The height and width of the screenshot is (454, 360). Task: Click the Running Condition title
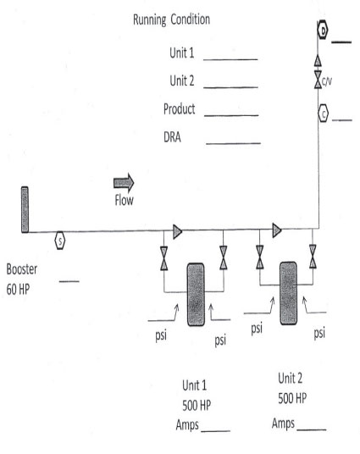171,19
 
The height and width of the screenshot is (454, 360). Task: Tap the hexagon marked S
60,241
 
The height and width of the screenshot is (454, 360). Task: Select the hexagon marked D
323,30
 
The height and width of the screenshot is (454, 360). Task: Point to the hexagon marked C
324,113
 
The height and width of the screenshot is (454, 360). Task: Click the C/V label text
327,82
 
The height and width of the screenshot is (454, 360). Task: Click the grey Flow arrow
124,183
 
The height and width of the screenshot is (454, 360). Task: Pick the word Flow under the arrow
124,200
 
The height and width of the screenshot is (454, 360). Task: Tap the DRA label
172,137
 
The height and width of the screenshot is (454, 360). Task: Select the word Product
180,109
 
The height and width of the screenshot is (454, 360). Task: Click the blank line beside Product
231,115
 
